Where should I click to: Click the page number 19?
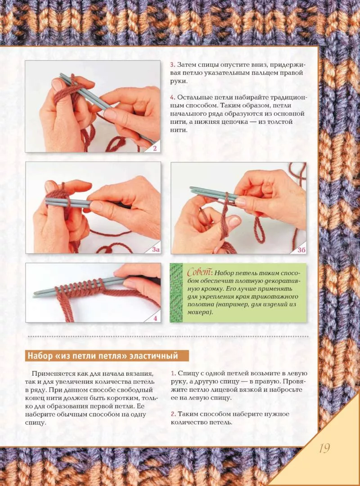[324, 448]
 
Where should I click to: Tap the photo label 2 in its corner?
[155, 149]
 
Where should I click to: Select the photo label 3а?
[156, 250]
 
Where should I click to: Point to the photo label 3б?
[301, 250]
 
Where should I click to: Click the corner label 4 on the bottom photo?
[155, 318]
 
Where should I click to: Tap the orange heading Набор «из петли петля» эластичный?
[103, 355]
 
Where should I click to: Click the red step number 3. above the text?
[173, 65]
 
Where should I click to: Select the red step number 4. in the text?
[173, 97]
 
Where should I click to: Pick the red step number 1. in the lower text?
[173, 373]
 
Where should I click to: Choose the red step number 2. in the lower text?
[173, 414]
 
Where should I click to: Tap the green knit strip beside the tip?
[176, 293]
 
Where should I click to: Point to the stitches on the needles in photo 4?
[79, 287]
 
